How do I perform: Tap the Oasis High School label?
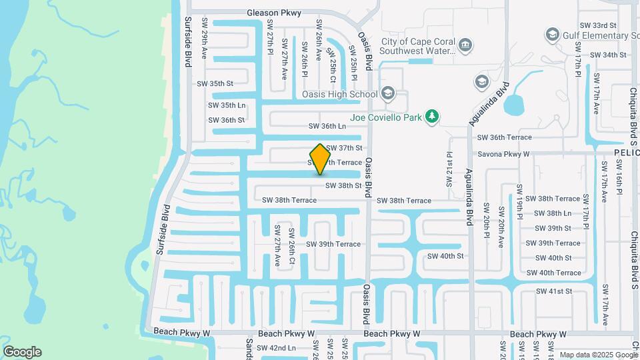(x=339, y=94)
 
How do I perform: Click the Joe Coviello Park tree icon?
(x=432, y=117)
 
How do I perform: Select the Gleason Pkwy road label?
(x=273, y=13)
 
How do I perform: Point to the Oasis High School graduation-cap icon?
(x=389, y=93)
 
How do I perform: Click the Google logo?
(x=22, y=351)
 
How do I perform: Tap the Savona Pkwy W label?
(x=503, y=154)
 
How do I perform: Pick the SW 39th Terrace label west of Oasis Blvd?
(x=333, y=244)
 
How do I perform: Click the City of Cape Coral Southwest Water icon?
(x=465, y=45)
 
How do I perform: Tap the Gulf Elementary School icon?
(x=552, y=34)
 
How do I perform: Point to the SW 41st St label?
(x=554, y=291)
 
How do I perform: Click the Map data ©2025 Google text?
(x=597, y=355)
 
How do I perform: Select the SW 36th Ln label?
(x=327, y=126)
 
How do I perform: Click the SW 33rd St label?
(x=598, y=25)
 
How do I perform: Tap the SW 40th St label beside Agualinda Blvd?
(x=445, y=256)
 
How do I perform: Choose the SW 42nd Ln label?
(x=275, y=348)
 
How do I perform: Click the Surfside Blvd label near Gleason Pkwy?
(x=188, y=41)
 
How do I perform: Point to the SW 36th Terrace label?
(x=505, y=137)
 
